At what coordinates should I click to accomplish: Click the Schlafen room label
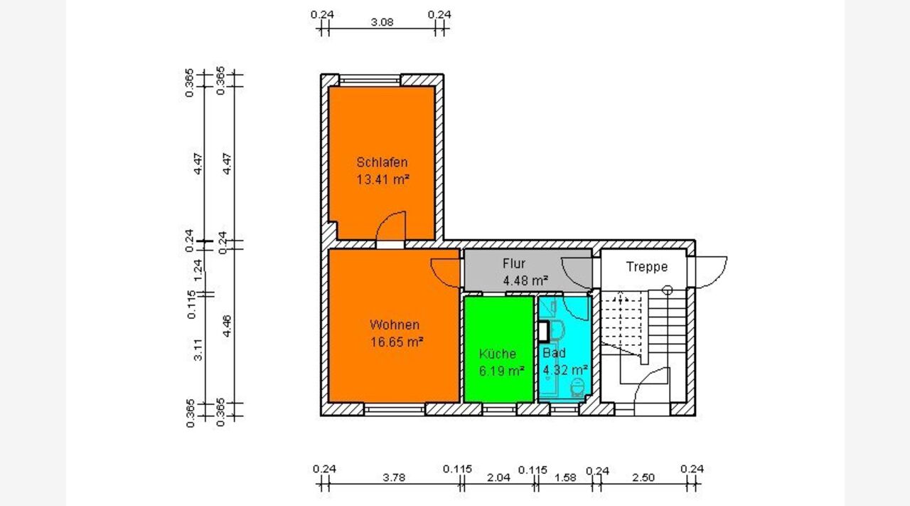point(382,162)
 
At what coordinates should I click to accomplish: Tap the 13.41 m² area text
point(382,179)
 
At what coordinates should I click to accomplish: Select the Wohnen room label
point(395,325)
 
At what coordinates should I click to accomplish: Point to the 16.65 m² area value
point(397,342)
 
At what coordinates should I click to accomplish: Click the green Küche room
point(498,349)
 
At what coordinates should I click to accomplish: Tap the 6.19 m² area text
point(501,371)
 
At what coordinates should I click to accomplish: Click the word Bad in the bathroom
point(554,353)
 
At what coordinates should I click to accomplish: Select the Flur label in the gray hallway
point(514,263)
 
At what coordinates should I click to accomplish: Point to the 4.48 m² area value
point(525,280)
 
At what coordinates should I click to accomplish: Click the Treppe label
point(647,267)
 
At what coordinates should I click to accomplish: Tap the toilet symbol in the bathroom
point(577,388)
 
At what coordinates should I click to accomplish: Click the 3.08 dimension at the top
point(382,22)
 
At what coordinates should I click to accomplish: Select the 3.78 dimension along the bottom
point(394,477)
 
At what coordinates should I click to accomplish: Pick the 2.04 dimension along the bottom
point(498,477)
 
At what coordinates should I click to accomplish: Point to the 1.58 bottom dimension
point(565,477)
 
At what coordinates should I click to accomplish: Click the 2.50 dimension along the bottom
point(643,477)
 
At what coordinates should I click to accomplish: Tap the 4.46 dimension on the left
point(227,326)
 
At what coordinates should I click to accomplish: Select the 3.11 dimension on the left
point(198,350)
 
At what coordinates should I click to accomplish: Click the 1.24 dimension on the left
point(198,270)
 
